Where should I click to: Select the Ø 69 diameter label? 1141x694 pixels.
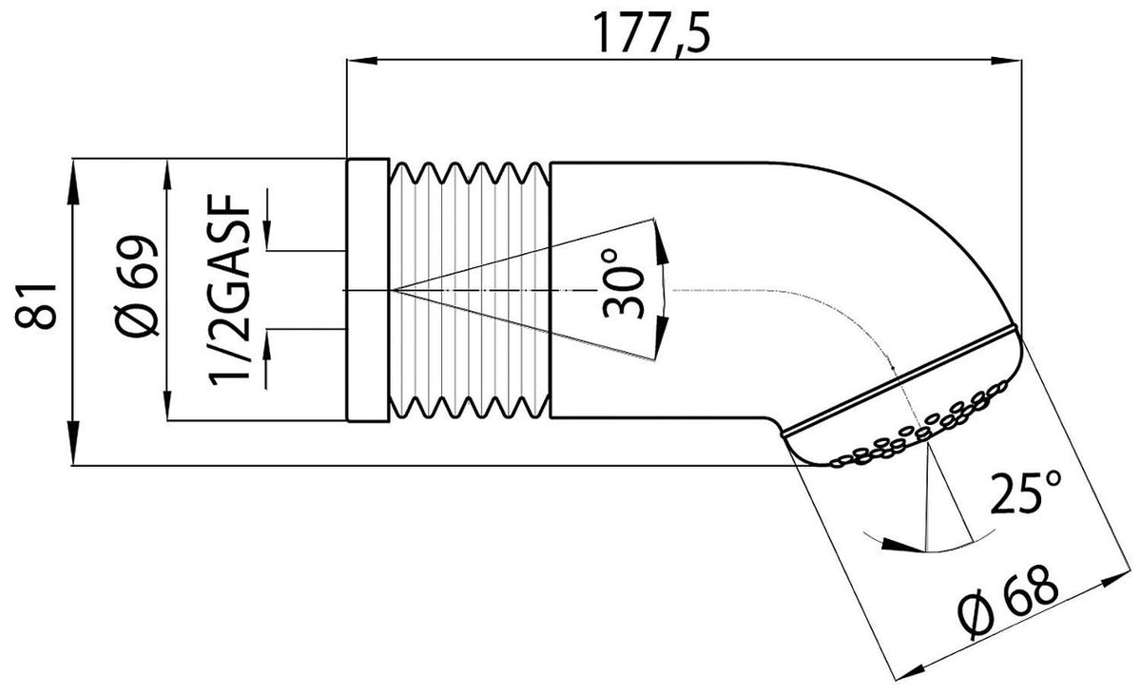pyautogui.click(x=140, y=285)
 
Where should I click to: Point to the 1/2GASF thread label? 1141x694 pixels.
pyautogui.click(x=230, y=290)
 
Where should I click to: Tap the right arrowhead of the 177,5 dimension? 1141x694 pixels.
pyautogui.click(x=1006, y=60)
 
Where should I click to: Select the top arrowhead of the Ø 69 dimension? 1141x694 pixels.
pyautogui.click(x=167, y=175)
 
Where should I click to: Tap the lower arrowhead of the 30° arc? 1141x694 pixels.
pyautogui.click(x=660, y=337)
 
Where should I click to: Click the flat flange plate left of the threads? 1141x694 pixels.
pyautogui.click(x=368, y=290)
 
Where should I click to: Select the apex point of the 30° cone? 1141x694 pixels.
pyautogui.click(x=391, y=290)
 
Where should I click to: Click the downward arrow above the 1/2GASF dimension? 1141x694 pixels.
pyautogui.click(x=267, y=220)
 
